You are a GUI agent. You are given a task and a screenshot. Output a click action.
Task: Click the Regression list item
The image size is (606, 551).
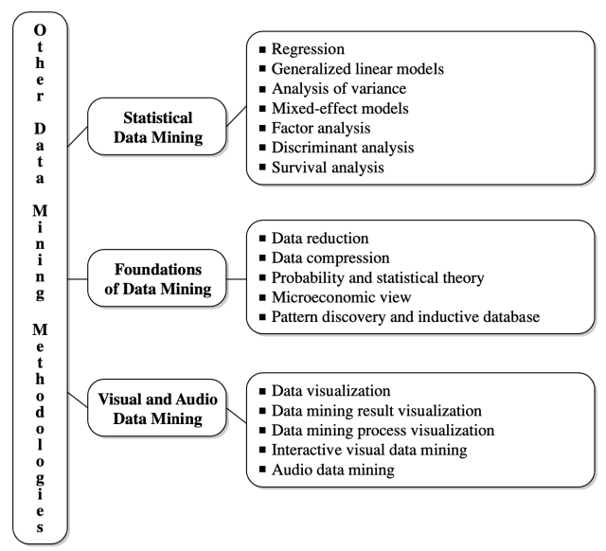click(310, 47)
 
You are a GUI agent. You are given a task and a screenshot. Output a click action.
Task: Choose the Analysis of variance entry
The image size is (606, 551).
click(335, 89)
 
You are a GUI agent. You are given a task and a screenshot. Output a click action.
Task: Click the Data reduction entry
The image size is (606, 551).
click(320, 238)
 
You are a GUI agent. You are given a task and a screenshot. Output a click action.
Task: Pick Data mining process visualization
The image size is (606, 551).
click(383, 430)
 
